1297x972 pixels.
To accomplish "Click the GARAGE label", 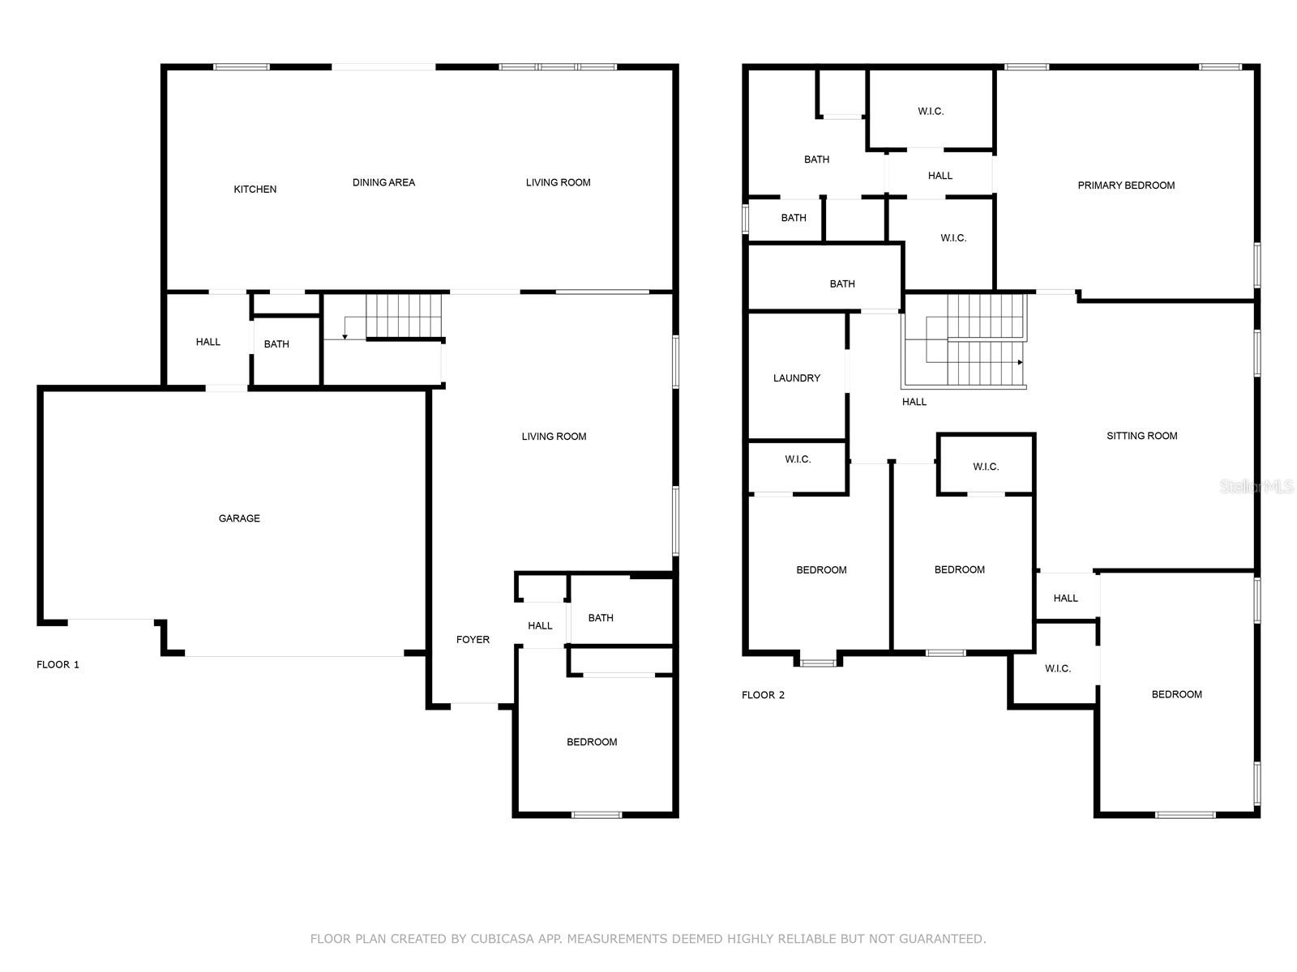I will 239,518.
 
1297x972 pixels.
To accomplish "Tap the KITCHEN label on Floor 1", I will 255,190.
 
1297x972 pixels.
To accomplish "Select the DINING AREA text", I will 383,183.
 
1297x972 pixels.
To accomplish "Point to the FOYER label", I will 473,640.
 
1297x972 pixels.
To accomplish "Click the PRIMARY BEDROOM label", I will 1126,185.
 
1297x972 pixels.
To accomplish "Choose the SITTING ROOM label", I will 1141,436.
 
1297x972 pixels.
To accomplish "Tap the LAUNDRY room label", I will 796,378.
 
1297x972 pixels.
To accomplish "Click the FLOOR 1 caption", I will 58,665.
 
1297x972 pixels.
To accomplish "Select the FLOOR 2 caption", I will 763,695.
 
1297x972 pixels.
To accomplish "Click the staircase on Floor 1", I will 404,316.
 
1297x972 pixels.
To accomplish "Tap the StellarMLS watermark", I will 1256,487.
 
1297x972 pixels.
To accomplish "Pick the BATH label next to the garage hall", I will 276,344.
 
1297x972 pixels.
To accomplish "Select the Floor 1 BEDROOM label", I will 592,742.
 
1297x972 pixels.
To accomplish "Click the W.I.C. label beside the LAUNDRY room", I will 798,459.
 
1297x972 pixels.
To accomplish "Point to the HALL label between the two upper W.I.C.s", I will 940,176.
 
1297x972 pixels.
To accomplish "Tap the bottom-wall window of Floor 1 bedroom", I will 597,814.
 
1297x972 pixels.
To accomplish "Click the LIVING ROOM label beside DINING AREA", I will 558,183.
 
